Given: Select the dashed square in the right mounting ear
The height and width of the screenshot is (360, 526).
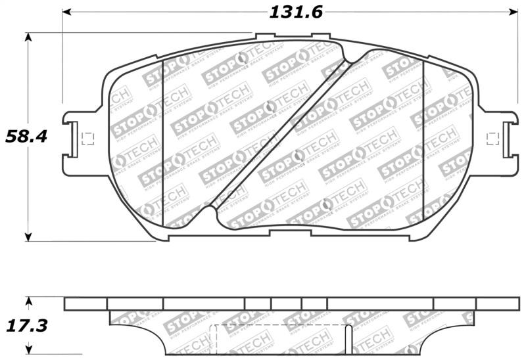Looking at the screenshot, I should click(491, 138).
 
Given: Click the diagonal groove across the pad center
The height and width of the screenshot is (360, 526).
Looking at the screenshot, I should click(283, 135).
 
